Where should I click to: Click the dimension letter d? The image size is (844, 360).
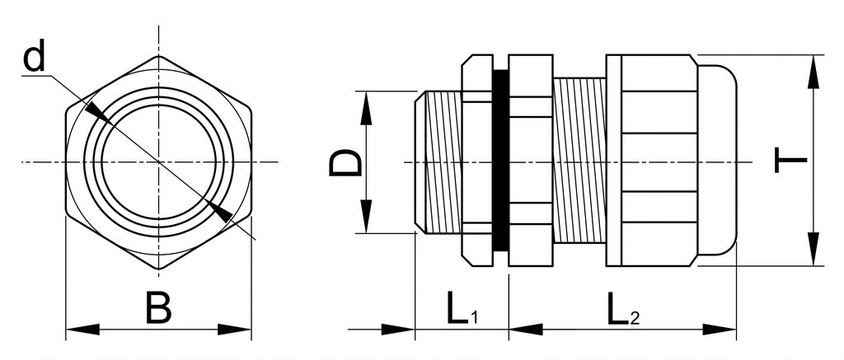[35, 58]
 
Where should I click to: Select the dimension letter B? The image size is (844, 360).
[159, 308]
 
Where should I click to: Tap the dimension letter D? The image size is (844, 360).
[345, 164]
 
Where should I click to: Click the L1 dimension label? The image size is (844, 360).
[462, 308]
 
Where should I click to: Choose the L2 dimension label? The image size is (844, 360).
[623, 308]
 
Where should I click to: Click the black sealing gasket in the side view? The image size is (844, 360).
[500, 161]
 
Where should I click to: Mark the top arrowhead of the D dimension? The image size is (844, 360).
[366, 108]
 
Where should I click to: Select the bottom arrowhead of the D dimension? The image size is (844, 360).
[366, 217]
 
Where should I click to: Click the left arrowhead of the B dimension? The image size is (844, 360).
[82, 330]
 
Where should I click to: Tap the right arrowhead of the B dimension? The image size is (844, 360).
[235, 330]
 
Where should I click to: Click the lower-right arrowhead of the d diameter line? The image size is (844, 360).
[219, 211]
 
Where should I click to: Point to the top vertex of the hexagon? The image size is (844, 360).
[159, 56]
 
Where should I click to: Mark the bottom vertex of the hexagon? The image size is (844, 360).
[159, 269]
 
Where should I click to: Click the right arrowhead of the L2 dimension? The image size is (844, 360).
[719, 330]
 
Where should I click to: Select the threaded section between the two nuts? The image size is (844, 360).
[579, 161]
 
